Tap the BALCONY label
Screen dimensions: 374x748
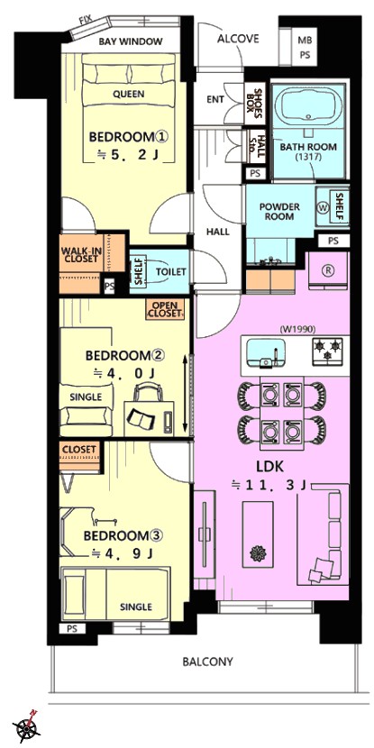pyautogui.click(x=208, y=661)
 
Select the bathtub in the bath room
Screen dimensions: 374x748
pyautogui.click(x=309, y=106)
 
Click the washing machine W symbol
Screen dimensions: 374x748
pyautogui.click(x=323, y=207)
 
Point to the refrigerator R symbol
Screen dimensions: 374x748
pyautogui.click(x=328, y=269)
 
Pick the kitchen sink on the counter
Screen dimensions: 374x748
pyautogui.click(x=266, y=353)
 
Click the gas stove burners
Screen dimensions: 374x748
pyautogui.click(x=327, y=349)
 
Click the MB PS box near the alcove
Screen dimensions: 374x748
pyautogui.click(x=305, y=48)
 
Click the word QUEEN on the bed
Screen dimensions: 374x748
pyautogui.click(x=128, y=94)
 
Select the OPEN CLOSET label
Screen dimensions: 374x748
pyautogui.click(x=165, y=310)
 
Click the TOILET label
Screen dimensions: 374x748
pyautogui.click(x=170, y=272)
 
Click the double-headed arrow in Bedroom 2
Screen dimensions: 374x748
pyautogui.click(x=186, y=391)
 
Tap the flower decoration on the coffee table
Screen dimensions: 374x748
pyautogui.click(x=258, y=553)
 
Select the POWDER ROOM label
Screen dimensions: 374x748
pyautogui.click(x=279, y=212)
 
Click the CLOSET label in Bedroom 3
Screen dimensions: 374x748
pyautogui.click(x=79, y=450)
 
